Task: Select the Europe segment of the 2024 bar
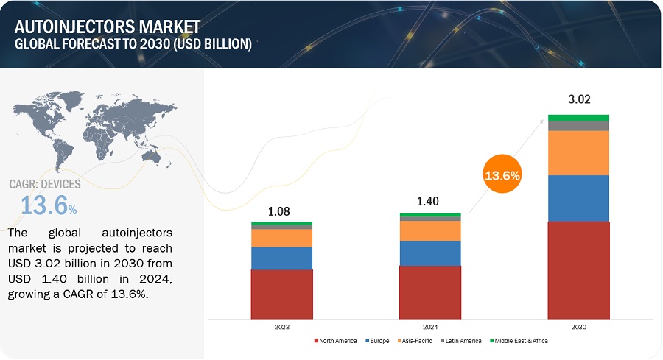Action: point(430,253)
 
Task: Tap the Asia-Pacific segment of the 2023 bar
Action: point(281,238)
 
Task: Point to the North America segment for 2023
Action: point(281,294)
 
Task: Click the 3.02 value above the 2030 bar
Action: point(578,99)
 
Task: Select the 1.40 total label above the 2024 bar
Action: point(430,200)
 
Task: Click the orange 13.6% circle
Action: point(502,176)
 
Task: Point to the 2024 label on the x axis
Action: point(430,326)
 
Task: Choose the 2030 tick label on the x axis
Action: point(578,326)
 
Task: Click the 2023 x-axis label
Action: point(281,326)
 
